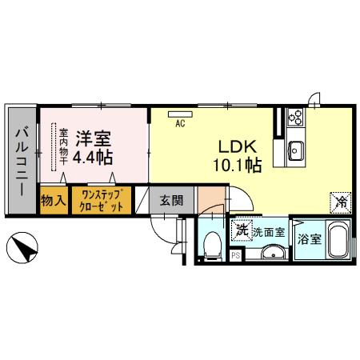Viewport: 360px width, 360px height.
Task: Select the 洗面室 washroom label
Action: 268,232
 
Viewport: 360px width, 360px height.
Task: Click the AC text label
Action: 180,122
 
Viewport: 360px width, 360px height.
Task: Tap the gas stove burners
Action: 294,118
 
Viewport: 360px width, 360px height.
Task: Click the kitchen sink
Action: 294,149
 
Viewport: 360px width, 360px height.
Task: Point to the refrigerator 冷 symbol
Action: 339,203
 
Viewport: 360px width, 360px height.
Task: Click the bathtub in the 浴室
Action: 336,244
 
